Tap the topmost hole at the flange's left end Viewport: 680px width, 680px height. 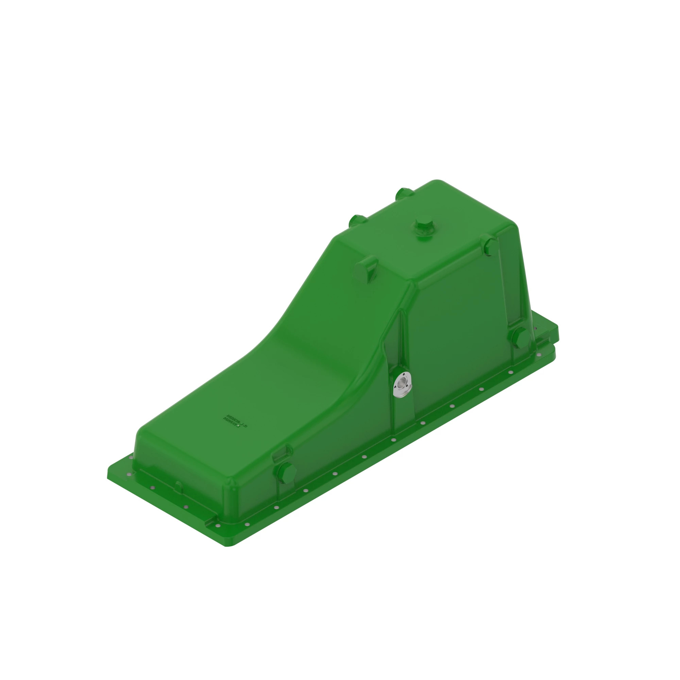click(131, 458)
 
